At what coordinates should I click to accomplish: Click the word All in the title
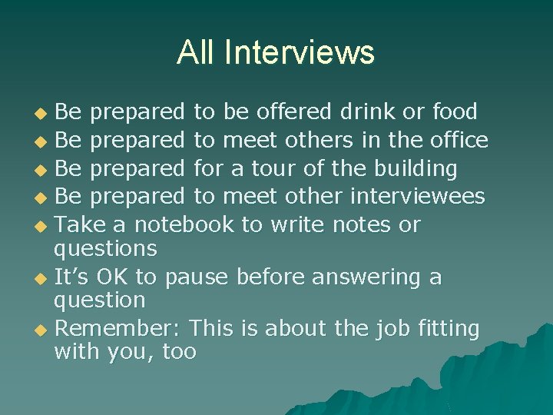(x=195, y=52)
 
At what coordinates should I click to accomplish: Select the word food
(x=454, y=112)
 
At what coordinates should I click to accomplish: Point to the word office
(x=459, y=140)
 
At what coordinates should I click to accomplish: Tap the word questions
(x=105, y=249)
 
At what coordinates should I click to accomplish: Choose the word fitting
(x=449, y=329)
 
